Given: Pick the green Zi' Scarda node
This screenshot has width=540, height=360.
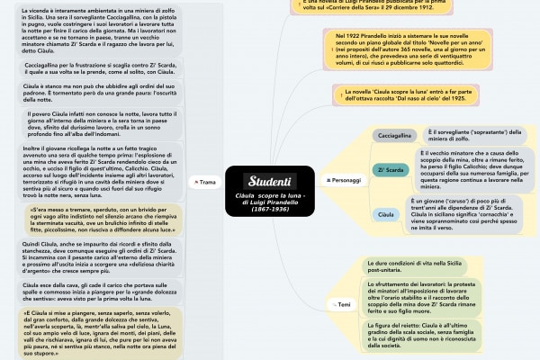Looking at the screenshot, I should pos(391,168).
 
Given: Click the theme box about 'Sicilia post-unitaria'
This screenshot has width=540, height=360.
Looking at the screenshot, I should pos(441,264).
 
